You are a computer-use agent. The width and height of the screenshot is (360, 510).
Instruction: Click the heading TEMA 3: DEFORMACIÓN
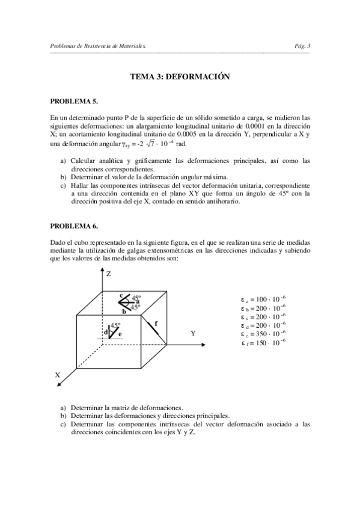pyautogui.click(x=180, y=77)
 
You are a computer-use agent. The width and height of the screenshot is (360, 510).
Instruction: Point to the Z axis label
pyautogui.click(x=109, y=274)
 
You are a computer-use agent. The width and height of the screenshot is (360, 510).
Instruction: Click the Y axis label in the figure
pyautogui.click(x=193, y=333)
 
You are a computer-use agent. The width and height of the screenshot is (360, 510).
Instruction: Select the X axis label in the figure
pyautogui.click(x=58, y=374)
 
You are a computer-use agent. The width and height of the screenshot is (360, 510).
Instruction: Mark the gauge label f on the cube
pyautogui.click(x=156, y=323)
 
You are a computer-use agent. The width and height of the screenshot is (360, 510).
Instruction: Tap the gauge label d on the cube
pyautogui.click(x=106, y=332)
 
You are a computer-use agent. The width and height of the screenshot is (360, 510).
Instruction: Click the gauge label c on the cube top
pyautogui.click(x=121, y=295)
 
